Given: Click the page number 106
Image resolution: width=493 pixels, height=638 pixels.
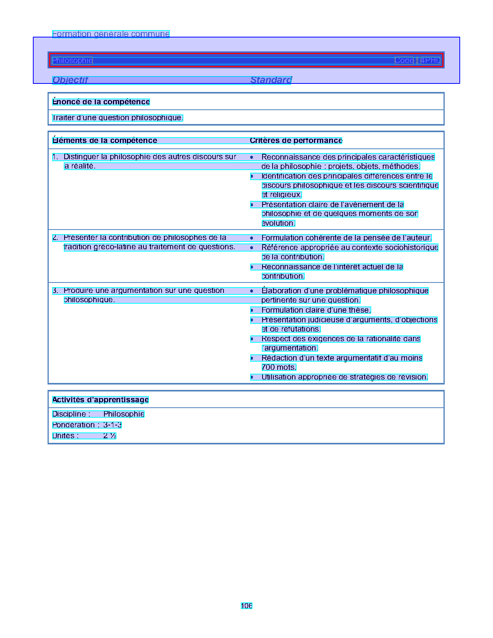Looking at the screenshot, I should coord(246,606).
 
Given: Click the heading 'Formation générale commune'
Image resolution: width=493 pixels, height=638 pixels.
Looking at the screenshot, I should coord(111,34).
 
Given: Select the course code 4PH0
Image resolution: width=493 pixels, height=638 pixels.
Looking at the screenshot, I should coord(430,60).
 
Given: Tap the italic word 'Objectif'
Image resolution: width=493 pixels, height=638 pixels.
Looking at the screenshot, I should coord(70,80).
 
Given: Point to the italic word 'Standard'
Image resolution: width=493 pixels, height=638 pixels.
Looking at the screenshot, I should coord(271,80).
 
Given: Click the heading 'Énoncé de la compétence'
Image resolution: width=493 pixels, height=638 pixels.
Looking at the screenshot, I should coord(101,102).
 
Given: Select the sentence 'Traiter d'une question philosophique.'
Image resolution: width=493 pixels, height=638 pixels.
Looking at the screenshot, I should coord(118,117).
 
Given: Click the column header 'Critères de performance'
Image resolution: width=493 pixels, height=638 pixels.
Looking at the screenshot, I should coord(296,140).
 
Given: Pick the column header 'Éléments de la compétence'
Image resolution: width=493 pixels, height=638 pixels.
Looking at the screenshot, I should coord(105,140).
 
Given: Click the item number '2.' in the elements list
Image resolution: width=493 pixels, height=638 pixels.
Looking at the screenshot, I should coord(55,238).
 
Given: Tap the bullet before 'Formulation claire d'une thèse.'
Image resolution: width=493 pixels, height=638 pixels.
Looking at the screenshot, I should coord(252,310).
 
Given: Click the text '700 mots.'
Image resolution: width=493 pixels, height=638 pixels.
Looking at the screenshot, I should coord(279,367).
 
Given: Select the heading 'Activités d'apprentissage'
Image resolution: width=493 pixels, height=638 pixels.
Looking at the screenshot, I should coord(101,400).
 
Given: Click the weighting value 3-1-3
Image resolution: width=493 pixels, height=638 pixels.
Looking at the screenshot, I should coord(113,425).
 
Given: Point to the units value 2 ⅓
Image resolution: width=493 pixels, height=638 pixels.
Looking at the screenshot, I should coord(110,436).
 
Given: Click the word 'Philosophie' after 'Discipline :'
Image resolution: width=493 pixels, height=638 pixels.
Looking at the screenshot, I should coord(124,414).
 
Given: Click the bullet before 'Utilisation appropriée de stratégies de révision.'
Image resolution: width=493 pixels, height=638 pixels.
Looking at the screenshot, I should coord(252,377).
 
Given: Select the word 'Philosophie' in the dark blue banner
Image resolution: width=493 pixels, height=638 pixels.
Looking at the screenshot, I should coord(72,60).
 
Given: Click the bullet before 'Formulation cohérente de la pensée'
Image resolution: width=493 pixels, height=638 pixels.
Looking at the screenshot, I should coord(252,238).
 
